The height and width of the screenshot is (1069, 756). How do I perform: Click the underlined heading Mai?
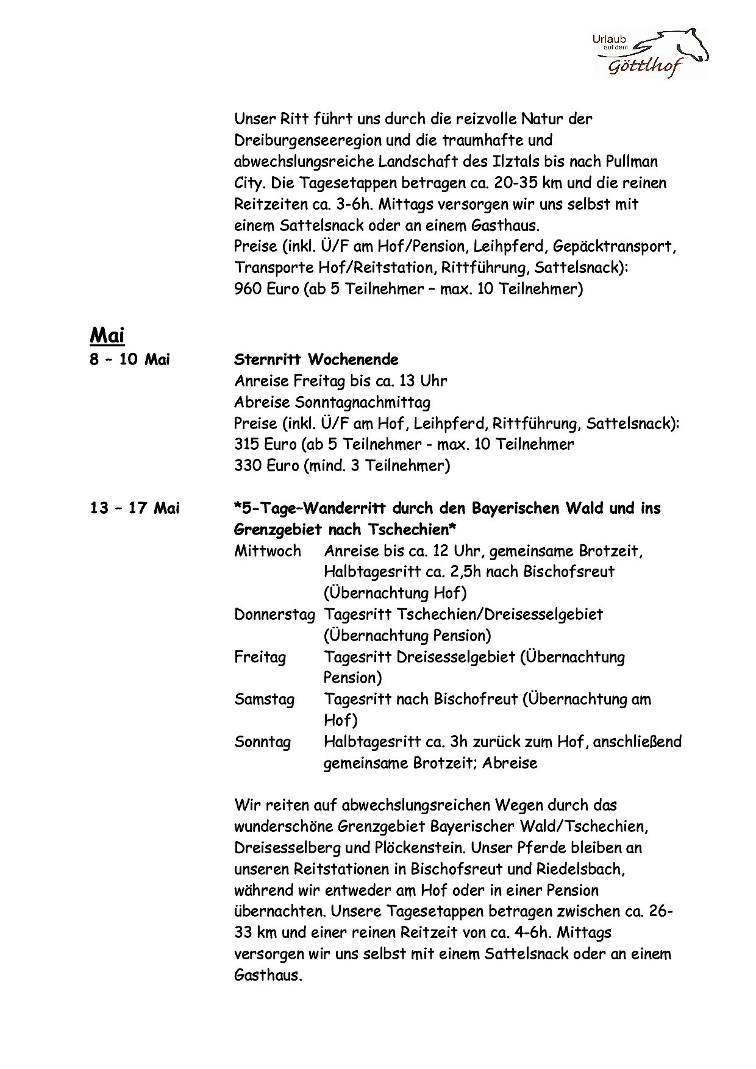107,335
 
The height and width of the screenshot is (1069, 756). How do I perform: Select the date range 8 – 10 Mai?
130,360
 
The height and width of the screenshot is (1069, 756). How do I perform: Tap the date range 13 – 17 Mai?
135,508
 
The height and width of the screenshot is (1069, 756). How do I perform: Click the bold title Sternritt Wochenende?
316,360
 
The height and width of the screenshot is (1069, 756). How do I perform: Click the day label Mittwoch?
268,551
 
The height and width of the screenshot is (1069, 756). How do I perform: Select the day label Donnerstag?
274,614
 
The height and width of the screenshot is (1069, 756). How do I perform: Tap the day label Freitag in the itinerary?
260,657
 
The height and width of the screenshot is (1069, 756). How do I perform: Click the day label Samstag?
264,699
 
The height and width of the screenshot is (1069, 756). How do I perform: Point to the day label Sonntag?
262,742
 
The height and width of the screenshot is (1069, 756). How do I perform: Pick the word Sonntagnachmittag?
362,402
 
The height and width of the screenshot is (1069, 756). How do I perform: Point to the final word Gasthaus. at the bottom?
268,975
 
